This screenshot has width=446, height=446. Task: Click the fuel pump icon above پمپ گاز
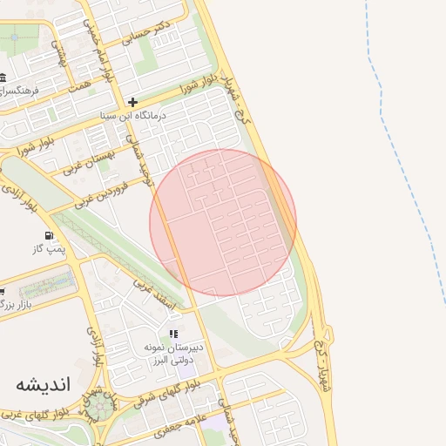(48, 235)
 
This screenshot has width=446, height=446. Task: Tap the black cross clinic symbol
(132, 102)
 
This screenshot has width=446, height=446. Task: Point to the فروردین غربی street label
(103, 193)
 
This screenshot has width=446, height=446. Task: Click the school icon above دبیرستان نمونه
(173, 334)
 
